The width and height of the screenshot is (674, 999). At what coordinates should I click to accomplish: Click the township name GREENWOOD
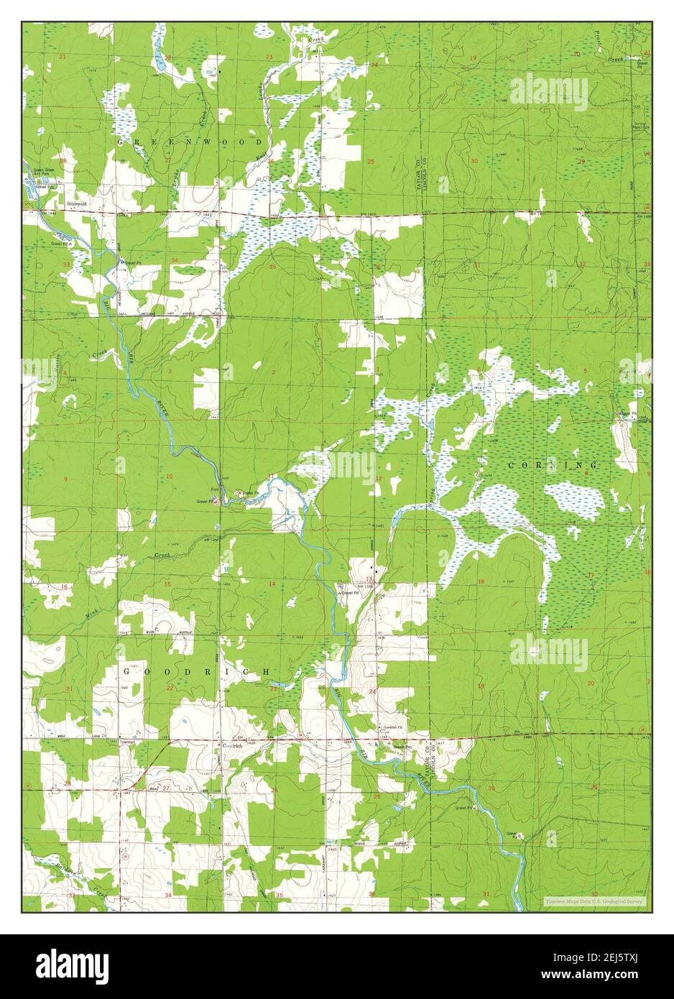[x=190, y=143]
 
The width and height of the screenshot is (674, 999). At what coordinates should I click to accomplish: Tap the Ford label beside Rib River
[x=213, y=490]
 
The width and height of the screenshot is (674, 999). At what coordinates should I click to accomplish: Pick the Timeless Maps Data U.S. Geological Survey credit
[x=594, y=901]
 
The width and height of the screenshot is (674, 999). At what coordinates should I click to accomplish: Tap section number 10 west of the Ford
[x=170, y=477]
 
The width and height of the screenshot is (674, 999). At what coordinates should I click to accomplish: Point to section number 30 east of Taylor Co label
[x=474, y=161]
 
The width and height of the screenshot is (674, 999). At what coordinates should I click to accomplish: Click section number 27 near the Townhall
[x=166, y=788]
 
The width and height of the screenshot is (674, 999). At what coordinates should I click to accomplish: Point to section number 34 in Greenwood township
[x=175, y=260]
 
